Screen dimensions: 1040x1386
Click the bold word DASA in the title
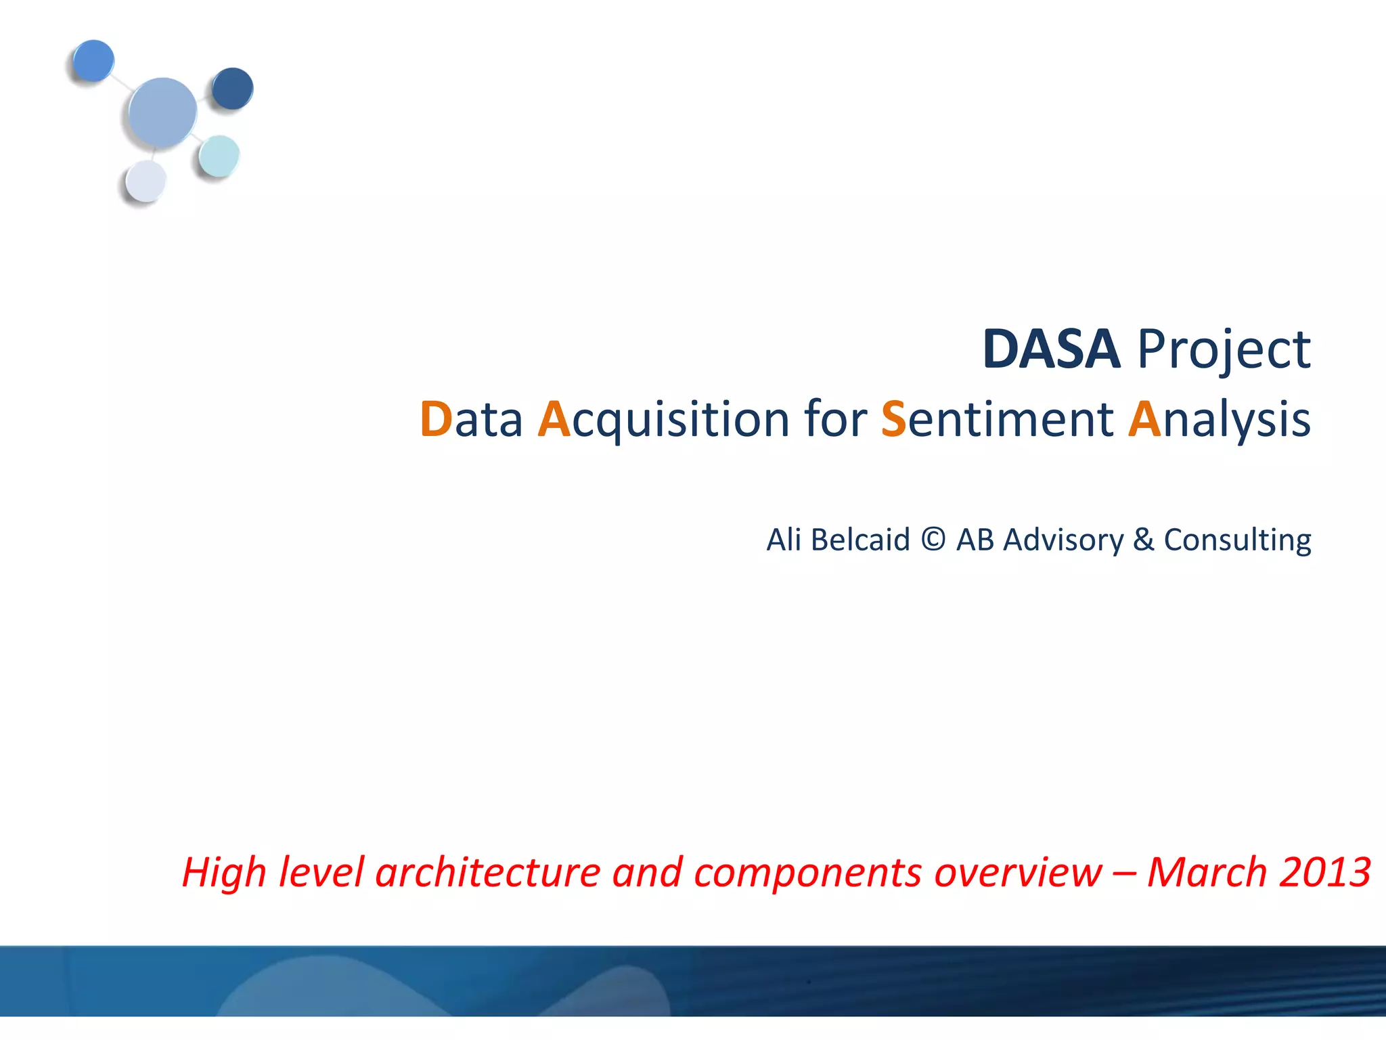click(1051, 349)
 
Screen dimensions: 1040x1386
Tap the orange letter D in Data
click(436, 419)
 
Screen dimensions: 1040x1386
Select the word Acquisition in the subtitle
click(663, 420)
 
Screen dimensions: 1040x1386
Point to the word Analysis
click(1219, 420)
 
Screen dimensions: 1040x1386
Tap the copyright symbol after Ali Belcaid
click(933, 540)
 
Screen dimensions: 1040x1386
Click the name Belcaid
click(860, 540)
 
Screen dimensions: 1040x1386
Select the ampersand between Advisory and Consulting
click(1144, 540)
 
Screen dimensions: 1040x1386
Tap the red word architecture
click(487, 872)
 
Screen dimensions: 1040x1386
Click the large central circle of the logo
click(162, 112)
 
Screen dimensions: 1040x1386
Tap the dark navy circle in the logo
click(232, 88)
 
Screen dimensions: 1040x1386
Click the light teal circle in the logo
click(219, 156)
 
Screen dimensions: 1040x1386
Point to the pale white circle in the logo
click(146, 181)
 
